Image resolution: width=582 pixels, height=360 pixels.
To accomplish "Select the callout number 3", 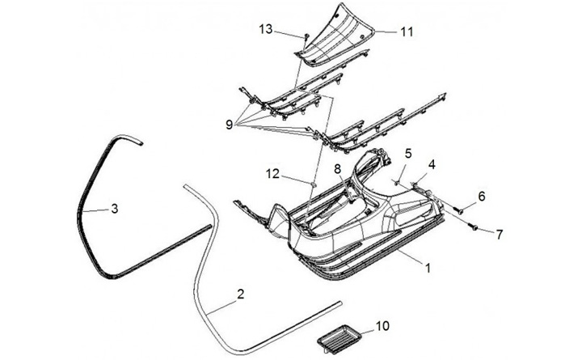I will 115,209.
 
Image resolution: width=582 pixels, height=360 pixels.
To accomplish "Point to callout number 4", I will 432,165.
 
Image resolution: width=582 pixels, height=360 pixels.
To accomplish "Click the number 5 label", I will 409,153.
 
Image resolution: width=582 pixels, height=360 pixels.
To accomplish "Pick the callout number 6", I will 482,196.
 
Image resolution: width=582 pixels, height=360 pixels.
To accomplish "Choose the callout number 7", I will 500,235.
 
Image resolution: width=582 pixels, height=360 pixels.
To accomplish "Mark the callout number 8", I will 338,167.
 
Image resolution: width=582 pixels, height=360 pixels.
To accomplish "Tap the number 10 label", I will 382,328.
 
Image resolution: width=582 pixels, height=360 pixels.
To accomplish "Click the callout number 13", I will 266,30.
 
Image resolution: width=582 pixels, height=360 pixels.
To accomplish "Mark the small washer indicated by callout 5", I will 399,182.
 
